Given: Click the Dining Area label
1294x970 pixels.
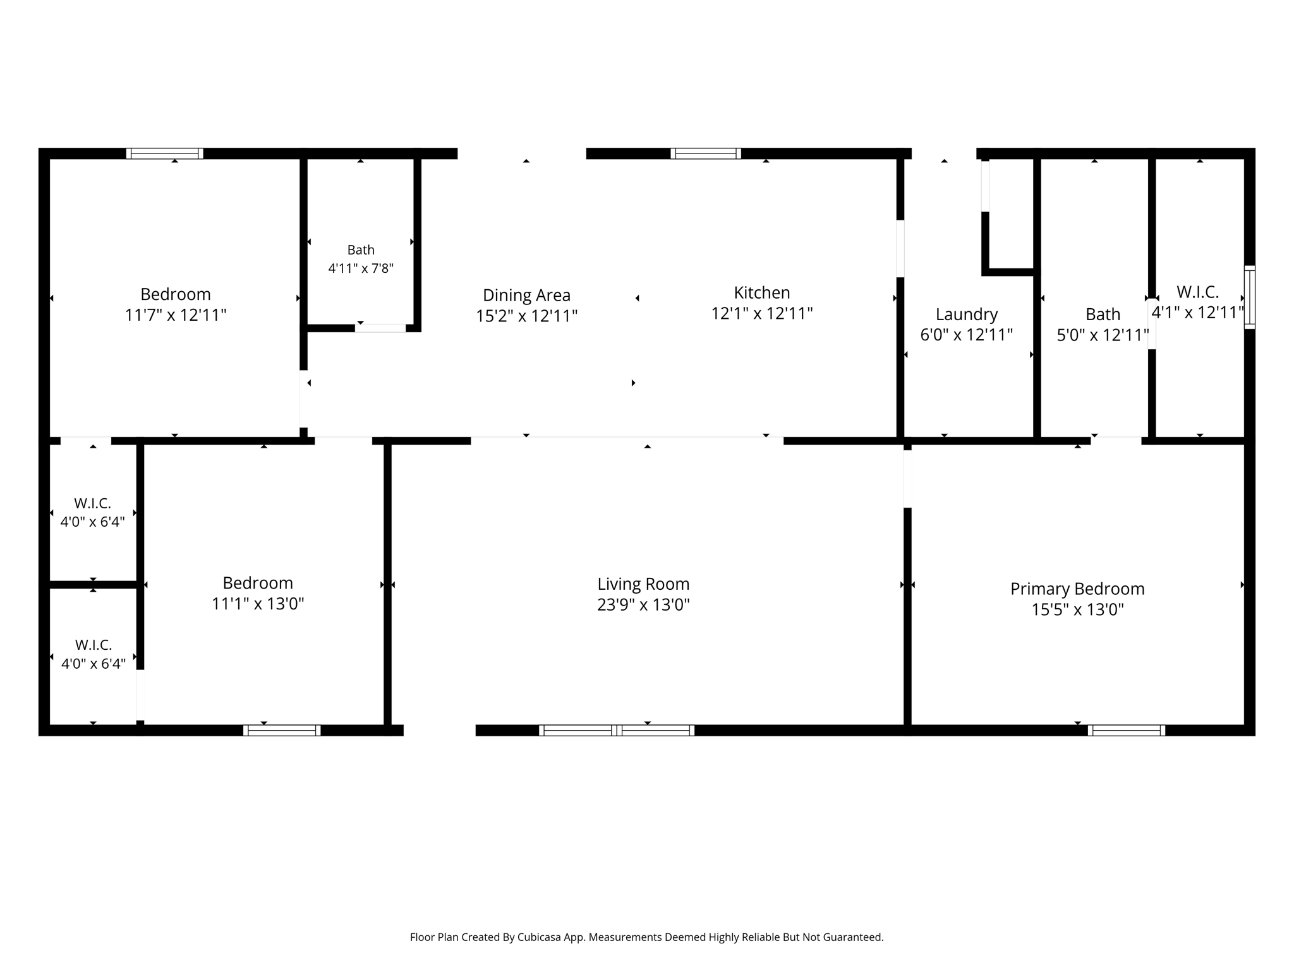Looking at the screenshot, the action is pyautogui.click(x=526, y=295).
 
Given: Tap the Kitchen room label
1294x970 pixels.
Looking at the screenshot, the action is pyautogui.click(x=762, y=292).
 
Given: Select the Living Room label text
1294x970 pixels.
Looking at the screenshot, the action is pyautogui.click(x=643, y=584).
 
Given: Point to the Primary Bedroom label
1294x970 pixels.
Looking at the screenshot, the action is pyautogui.click(x=1077, y=589).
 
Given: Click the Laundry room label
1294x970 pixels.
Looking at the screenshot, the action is pyautogui.click(x=967, y=314).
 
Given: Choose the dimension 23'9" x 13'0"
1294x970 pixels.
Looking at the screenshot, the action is pyautogui.click(x=643, y=605).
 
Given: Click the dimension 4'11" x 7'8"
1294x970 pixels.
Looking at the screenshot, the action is pyautogui.click(x=361, y=268).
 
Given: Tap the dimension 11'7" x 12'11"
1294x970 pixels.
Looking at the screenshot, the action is pyautogui.click(x=176, y=315).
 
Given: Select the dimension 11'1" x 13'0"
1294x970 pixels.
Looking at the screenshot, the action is pyautogui.click(x=258, y=604).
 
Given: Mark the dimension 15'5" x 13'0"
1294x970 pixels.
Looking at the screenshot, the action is pyautogui.click(x=1077, y=610).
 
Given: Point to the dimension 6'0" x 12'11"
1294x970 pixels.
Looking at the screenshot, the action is pyautogui.click(x=967, y=335).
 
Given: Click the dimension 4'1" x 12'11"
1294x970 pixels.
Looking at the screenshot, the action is pyautogui.click(x=1197, y=313).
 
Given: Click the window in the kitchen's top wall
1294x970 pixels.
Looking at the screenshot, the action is pyautogui.click(x=706, y=153).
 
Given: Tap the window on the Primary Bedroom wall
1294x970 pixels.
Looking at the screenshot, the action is pyautogui.click(x=1127, y=731).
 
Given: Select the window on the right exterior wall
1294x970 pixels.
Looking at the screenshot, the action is pyautogui.click(x=1250, y=297).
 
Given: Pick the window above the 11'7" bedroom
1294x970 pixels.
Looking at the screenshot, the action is pyautogui.click(x=164, y=153).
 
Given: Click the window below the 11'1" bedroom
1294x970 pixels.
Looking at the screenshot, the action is pyautogui.click(x=282, y=731).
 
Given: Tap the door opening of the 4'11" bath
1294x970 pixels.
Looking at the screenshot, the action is pyautogui.click(x=380, y=328).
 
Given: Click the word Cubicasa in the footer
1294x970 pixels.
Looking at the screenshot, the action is pyautogui.click(x=540, y=937).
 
